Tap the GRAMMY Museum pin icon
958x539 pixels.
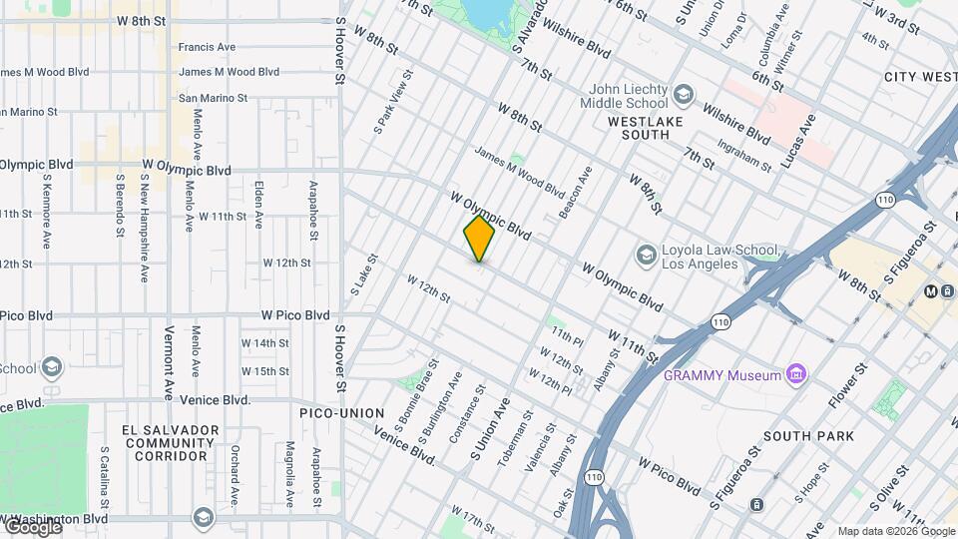click(x=795, y=375)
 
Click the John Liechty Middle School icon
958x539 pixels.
click(x=684, y=96)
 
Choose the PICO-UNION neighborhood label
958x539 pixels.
click(x=342, y=412)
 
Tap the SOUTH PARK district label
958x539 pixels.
click(x=808, y=436)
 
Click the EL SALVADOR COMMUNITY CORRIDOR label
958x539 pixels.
click(x=170, y=442)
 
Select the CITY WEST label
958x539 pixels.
click(x=920, y=77)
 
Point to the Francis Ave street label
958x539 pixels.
click(x=207, y=47)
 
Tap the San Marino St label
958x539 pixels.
click(x=213, y=98)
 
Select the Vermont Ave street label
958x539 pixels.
click(x=170, y=359)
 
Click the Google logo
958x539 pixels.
click(x=32, y=526)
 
